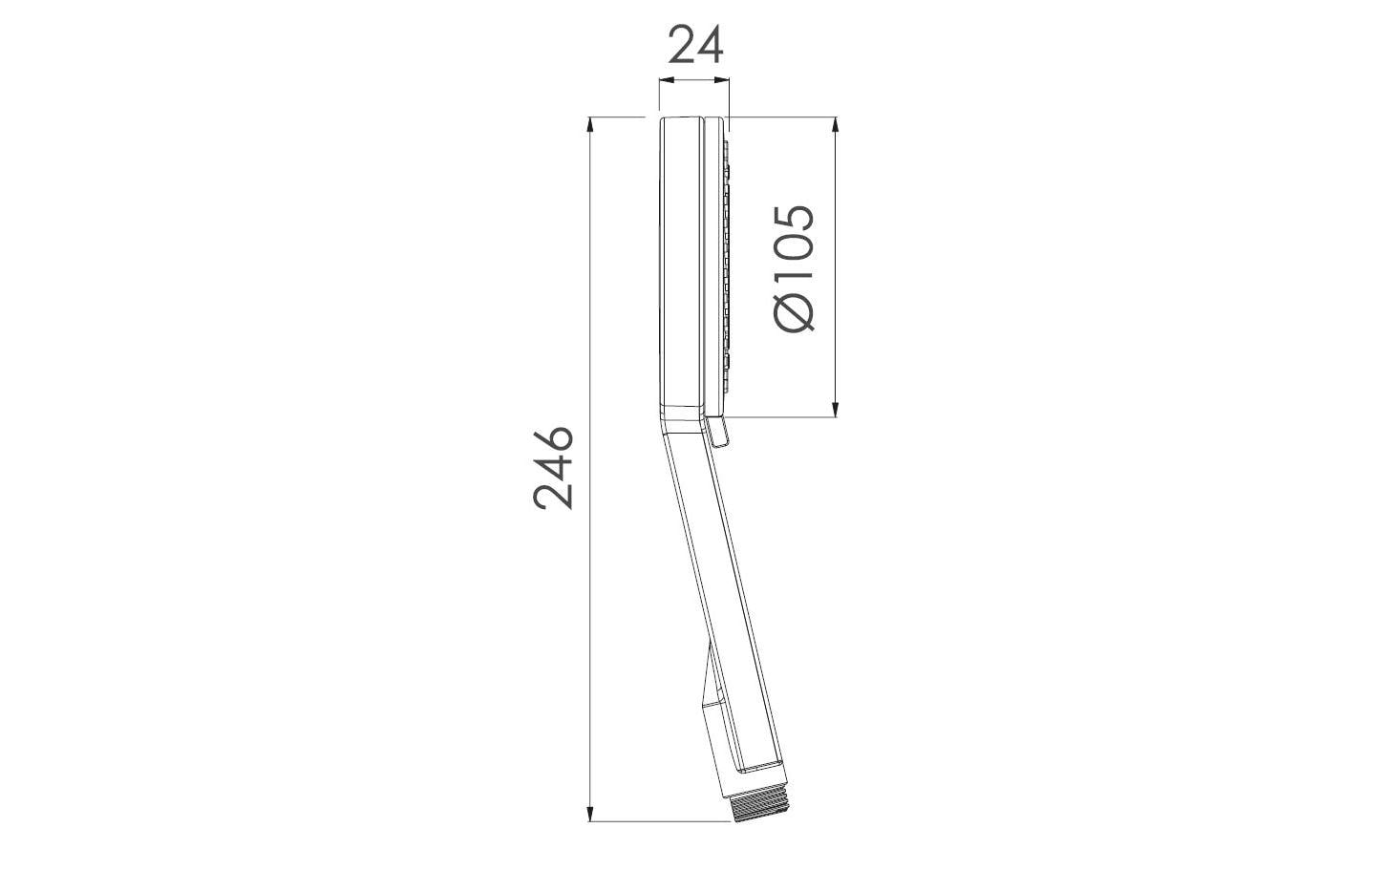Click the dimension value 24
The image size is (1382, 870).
click(x=695, y=45)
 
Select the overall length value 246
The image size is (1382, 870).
click(x=553, y=468)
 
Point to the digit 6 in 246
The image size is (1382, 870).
click(x=553, y=442)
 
